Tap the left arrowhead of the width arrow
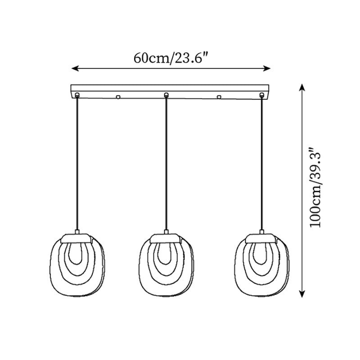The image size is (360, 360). [x=75, y=68]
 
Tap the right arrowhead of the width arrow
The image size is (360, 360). [x=267, y=68]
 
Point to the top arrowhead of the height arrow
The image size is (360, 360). [x=302, y=87]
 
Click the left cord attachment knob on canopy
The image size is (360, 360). [x=77, y=94]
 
